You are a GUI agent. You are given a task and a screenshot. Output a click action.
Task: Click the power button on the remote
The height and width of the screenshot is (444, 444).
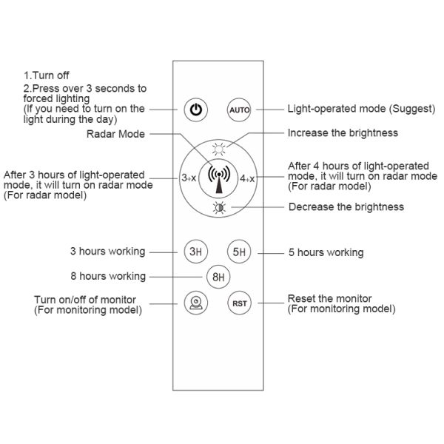click(196, 110)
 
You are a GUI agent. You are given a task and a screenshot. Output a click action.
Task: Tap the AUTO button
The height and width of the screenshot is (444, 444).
click(239, 110)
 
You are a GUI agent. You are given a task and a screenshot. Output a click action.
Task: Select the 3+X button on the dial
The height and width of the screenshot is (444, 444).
click(189, 178)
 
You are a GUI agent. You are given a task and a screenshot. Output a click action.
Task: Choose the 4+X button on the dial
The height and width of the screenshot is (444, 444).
click(247, 178)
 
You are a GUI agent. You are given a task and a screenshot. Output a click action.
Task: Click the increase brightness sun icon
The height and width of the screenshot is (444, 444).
click(219, 149)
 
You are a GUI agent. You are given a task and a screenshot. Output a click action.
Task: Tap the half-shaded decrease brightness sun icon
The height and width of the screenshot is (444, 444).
click(219, 208)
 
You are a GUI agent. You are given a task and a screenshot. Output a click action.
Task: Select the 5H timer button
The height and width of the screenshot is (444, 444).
click(239, 252)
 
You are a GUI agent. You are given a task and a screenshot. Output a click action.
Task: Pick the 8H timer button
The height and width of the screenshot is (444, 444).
click(218, 277)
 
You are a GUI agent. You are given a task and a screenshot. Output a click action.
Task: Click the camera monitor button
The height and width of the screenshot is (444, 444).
click(196, 303)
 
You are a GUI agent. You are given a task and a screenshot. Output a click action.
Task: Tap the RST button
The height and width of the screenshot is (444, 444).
click(240, 303)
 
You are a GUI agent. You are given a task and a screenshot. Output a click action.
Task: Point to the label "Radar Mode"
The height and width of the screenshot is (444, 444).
click(115, 134)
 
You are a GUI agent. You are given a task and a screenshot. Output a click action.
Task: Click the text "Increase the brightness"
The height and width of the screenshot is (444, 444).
click(343, 132)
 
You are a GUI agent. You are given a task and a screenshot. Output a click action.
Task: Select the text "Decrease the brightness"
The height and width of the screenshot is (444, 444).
click(346, 206)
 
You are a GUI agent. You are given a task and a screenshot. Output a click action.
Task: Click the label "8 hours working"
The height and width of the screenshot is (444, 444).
click(108, 276)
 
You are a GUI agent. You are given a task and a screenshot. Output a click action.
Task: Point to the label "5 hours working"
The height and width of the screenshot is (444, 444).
click(326, 252)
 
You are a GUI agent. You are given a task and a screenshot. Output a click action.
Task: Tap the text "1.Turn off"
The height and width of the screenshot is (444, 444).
click(47, 75)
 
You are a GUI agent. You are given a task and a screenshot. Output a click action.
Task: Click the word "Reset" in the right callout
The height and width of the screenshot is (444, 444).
click(301, 298)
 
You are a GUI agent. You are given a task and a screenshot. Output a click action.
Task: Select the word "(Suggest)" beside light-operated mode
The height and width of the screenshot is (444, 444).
click(412, 109)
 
